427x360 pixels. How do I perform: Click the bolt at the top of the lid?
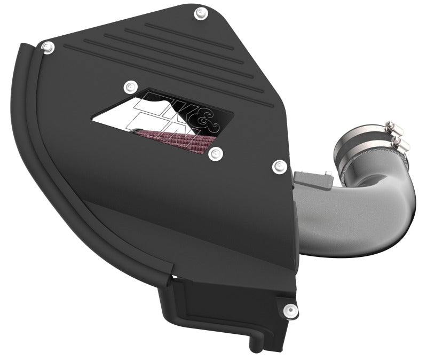tap(200, 12)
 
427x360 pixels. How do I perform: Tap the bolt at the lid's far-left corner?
tap(48, 47)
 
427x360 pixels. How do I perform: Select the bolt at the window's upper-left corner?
tap(128, 86)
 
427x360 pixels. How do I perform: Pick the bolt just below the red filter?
tap(215, 154)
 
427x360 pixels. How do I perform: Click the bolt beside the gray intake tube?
tap(279, 167)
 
